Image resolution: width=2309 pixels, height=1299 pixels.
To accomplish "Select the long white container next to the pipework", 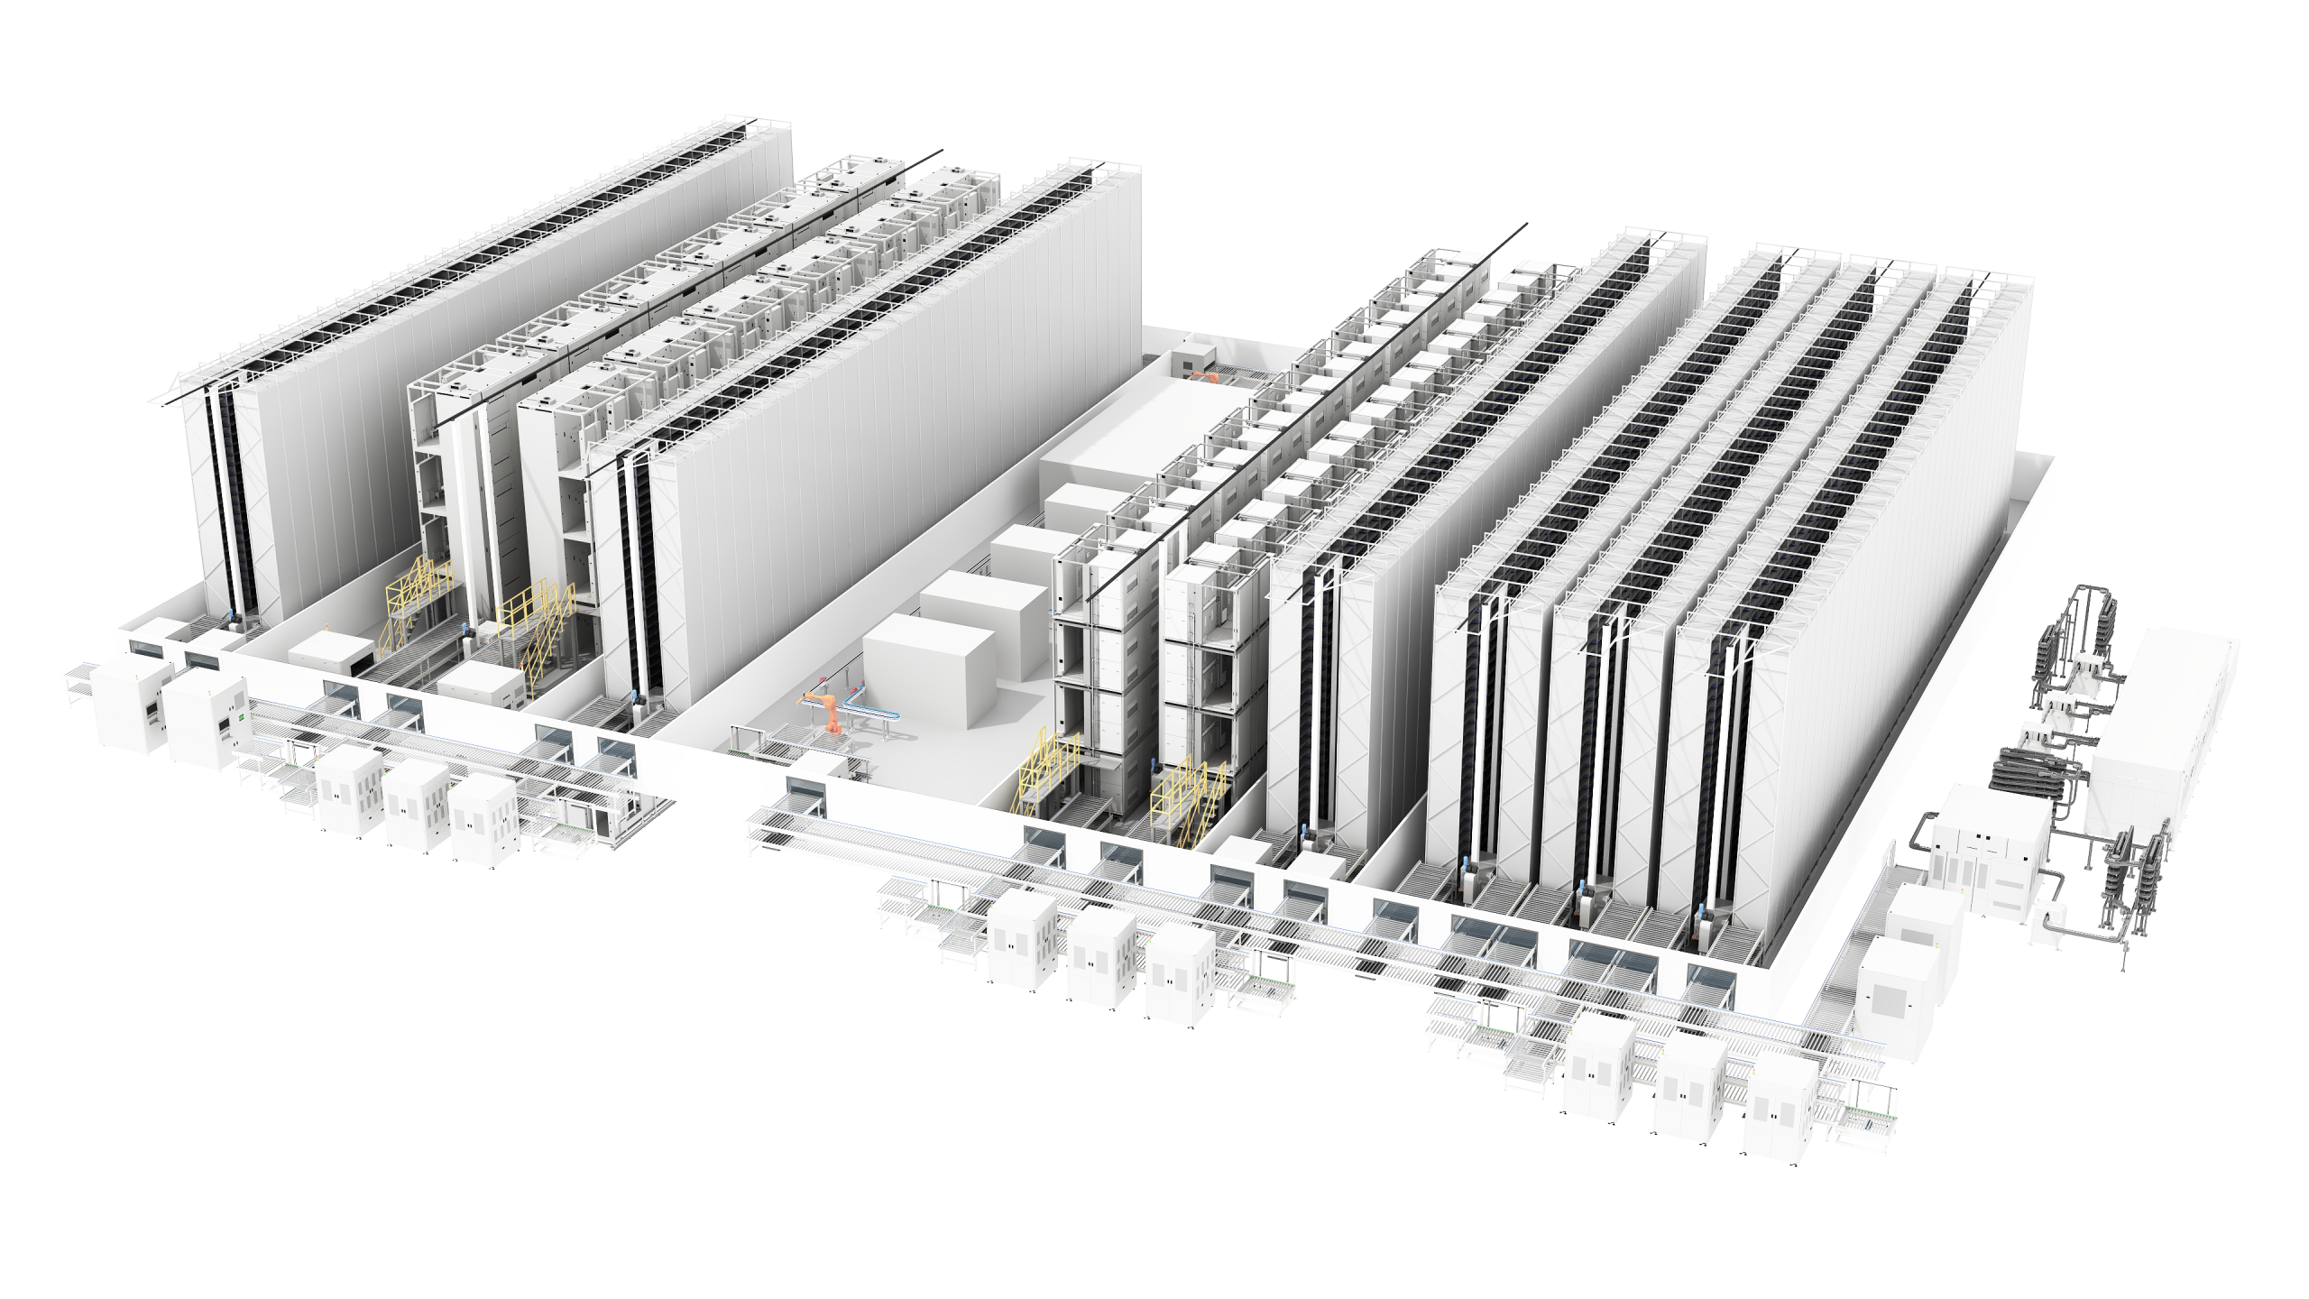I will (x=2165, y=722).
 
